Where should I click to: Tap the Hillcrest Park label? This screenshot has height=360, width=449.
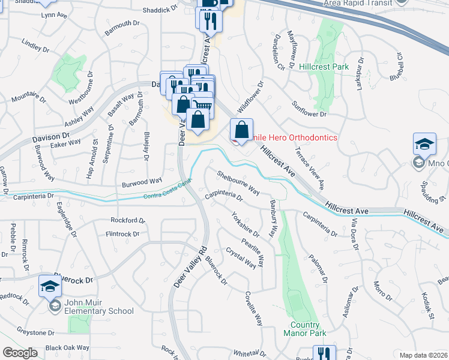pyautogui.click(x=324, y=67)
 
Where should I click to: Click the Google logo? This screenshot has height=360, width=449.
pyautogui.click(x=20, y=353)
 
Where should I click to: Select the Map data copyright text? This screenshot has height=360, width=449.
pyautogui.click(x=424, y=355)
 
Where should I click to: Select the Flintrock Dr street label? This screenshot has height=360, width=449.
pyautogui.click(x=122, y=234)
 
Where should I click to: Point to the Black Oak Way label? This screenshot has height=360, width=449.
pyautogui.click(x=67, y=348)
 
